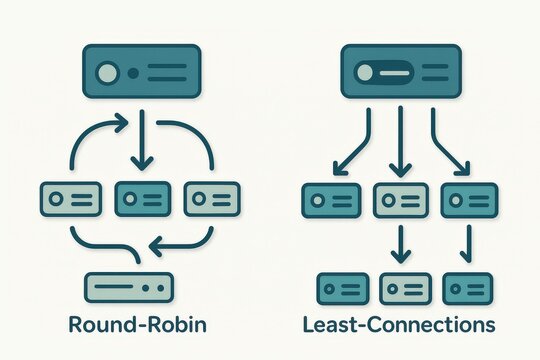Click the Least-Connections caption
tap(401, 324)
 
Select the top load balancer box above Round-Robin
tap(140, 74)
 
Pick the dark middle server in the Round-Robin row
tap(143, 198)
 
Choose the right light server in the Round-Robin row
tap(212, 198)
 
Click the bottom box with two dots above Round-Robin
tap(129, 288)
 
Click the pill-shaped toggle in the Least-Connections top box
tap(385, 74)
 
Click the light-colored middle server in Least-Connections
tap(400, 200)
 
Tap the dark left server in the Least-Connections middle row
tap(330, 200)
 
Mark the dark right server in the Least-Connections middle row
tap(468, 200)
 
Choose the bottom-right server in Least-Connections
tap(467, 288)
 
